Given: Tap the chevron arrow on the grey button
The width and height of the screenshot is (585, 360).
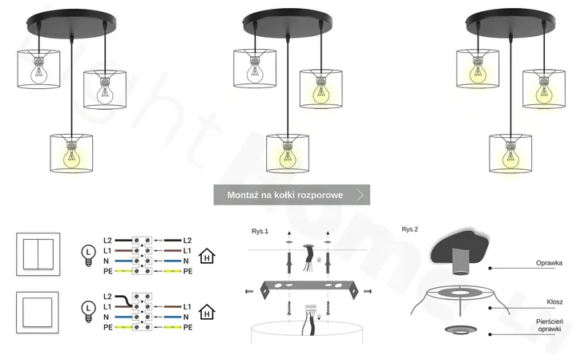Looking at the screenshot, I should pyautogui.click(x=361, y=195).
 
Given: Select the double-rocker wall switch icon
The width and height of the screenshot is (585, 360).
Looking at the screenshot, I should pyautogui.click(x=37, y=255).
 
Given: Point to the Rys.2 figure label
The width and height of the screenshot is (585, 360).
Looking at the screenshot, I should pyautogui.click(x=409, y=229).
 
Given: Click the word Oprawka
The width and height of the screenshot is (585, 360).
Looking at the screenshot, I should pyautogui.click(x=549, y=263).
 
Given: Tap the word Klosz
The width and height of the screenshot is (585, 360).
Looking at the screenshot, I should pyautogui.click(x=555, y=302).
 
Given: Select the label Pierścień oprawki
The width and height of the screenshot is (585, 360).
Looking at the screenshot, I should pyautogui.click(x=549, y=325).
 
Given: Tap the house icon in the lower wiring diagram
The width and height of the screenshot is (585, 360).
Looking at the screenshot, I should pyautogui.click(x=208, y=312).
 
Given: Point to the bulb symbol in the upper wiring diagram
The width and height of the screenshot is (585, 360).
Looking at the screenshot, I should pyautogui.click(x=88, y=253).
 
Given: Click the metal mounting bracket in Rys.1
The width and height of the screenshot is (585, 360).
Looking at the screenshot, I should pyautogui.click(x=305, y=288).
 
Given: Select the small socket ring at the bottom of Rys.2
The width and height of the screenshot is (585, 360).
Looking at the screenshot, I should pyautogui.click(x=459, y=331).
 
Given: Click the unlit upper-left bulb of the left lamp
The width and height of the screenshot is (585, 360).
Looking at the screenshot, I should pyautogui.click(x=38, y=72).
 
